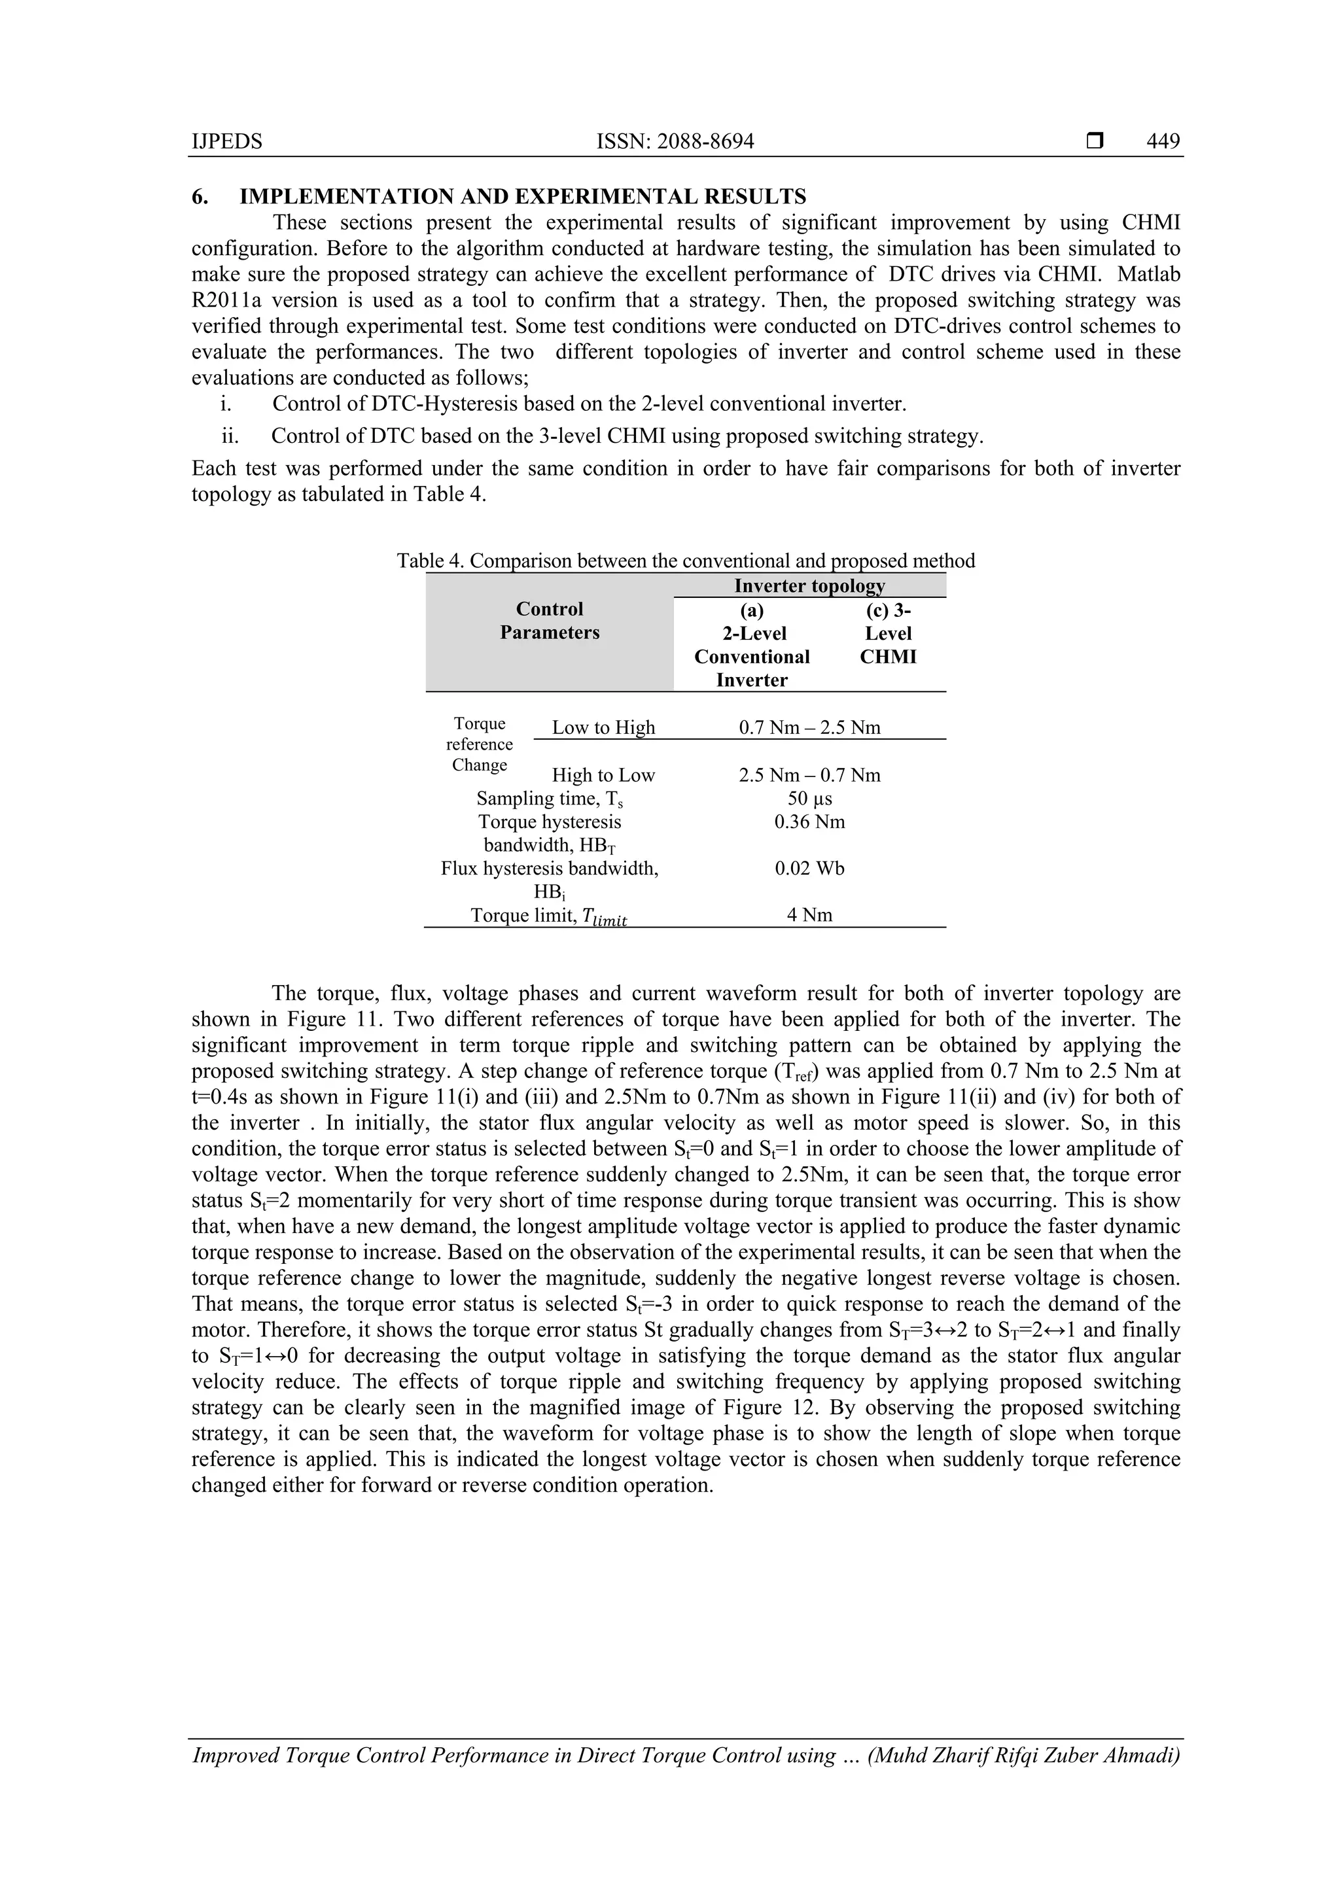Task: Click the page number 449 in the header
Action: [1163, 141]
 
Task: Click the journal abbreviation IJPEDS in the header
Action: [226, 141]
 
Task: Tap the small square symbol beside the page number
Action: [1094, 141]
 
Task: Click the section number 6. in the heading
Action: [199, 196]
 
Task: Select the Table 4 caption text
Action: [685, 561]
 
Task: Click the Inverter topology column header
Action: [809, 585]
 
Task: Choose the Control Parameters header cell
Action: [549, 621]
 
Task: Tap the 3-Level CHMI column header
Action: [888, 633]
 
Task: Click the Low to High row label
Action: [603, 727]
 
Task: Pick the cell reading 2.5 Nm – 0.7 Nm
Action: [809, 775]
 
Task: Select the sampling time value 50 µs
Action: [809, 798]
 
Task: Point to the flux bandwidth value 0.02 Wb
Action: [809, 868]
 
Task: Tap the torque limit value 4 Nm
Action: [809, 914]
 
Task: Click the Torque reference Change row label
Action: [480, 744]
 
